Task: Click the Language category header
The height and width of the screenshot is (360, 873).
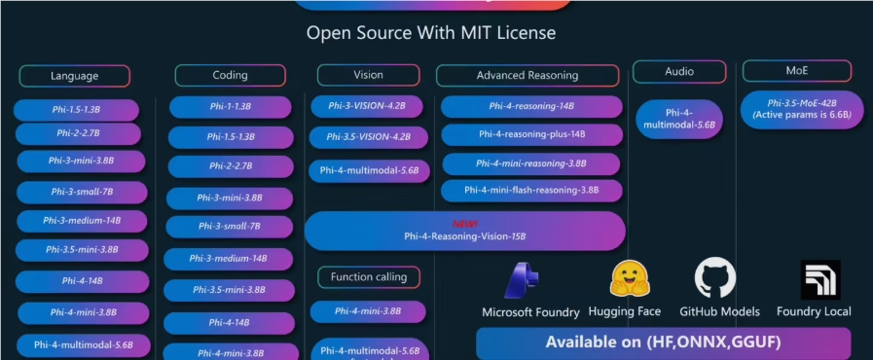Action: [x=74, y=76]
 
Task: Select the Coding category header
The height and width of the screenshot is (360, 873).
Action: [x=230, y=75]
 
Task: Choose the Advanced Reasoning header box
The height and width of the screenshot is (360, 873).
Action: [x=527, y=75]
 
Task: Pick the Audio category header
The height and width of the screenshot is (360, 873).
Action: [x=679, y=71]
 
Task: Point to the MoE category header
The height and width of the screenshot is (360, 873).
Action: [x=796, y=71]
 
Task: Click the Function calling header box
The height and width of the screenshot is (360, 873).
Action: [x=369, y=277]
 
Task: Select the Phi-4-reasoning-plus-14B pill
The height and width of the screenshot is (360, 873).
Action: [x=531, y=134]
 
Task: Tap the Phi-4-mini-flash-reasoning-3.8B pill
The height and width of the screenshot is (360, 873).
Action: [x=531, y=190]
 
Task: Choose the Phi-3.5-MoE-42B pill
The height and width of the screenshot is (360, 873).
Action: [x=801, y=108]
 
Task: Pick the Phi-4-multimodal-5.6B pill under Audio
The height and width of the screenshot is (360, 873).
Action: [x=679, y=119]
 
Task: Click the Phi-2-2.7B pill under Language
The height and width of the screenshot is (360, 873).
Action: [x=77, y=134]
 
